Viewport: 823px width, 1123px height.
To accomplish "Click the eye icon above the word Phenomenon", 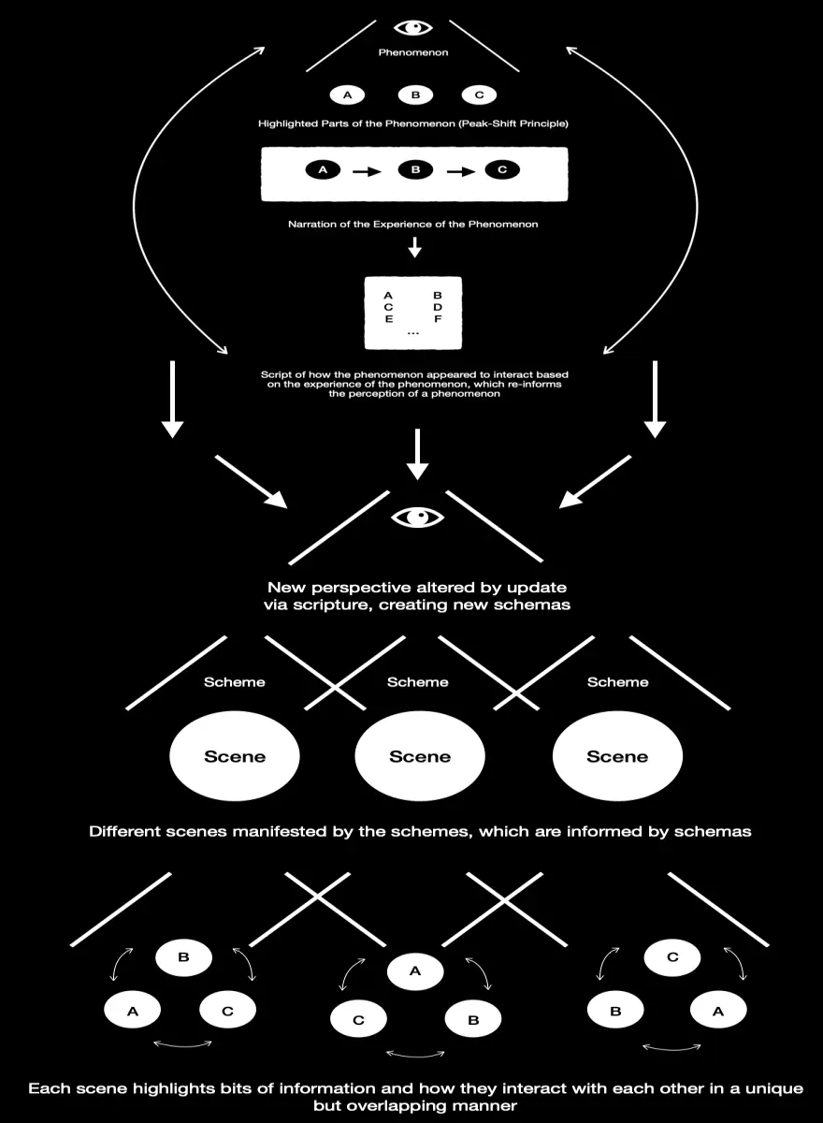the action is (x=412, y=27).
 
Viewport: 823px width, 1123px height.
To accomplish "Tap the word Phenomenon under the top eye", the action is (x=413, y=52).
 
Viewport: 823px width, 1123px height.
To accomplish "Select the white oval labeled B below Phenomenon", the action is (x=415, y=95).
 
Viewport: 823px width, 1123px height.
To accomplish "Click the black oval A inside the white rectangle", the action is (x=323, y=169).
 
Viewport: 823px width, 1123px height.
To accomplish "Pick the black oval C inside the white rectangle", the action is (x=502, y=169).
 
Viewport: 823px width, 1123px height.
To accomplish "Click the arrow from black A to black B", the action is (x=367, y=172).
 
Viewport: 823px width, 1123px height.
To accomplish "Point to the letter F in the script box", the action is (x=438, y=319).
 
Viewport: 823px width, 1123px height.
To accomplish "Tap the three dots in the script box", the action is (x=413, y=333).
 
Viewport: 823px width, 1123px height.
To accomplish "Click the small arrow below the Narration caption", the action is (x=414, y=247).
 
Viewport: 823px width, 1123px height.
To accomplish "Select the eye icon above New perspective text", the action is (x=417, y=517).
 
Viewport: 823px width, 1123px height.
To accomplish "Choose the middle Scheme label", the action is (x=418, y=682).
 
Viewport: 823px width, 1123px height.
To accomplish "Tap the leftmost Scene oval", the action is (x=235, y=755).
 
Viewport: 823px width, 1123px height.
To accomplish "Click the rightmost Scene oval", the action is (x=617, y=755).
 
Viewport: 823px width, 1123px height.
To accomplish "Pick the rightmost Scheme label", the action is (x=617, y=682).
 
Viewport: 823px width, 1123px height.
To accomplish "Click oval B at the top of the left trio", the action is (x=184, y=957).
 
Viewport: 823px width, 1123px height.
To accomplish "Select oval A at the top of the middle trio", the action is (x=415, y=971).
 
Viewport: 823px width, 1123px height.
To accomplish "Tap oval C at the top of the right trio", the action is (x=672, y=957).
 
